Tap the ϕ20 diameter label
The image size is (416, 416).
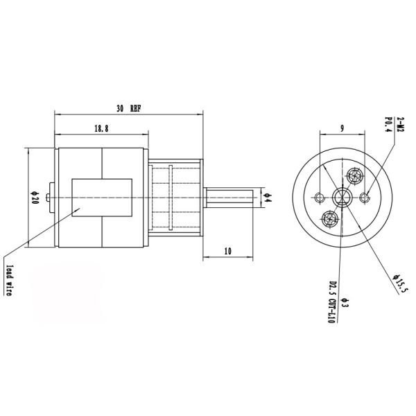[x=33, y=198]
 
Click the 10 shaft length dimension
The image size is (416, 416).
[x=227, y=250]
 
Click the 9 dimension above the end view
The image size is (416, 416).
[x=343, y=128]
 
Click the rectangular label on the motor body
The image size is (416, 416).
[x=102, y=198]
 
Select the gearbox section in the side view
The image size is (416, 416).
[x=175, y=198]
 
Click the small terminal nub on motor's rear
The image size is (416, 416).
[x=48, y=197]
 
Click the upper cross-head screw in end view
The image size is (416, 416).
[x=355, y=175]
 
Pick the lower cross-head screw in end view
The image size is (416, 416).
[x=330, y=219]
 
